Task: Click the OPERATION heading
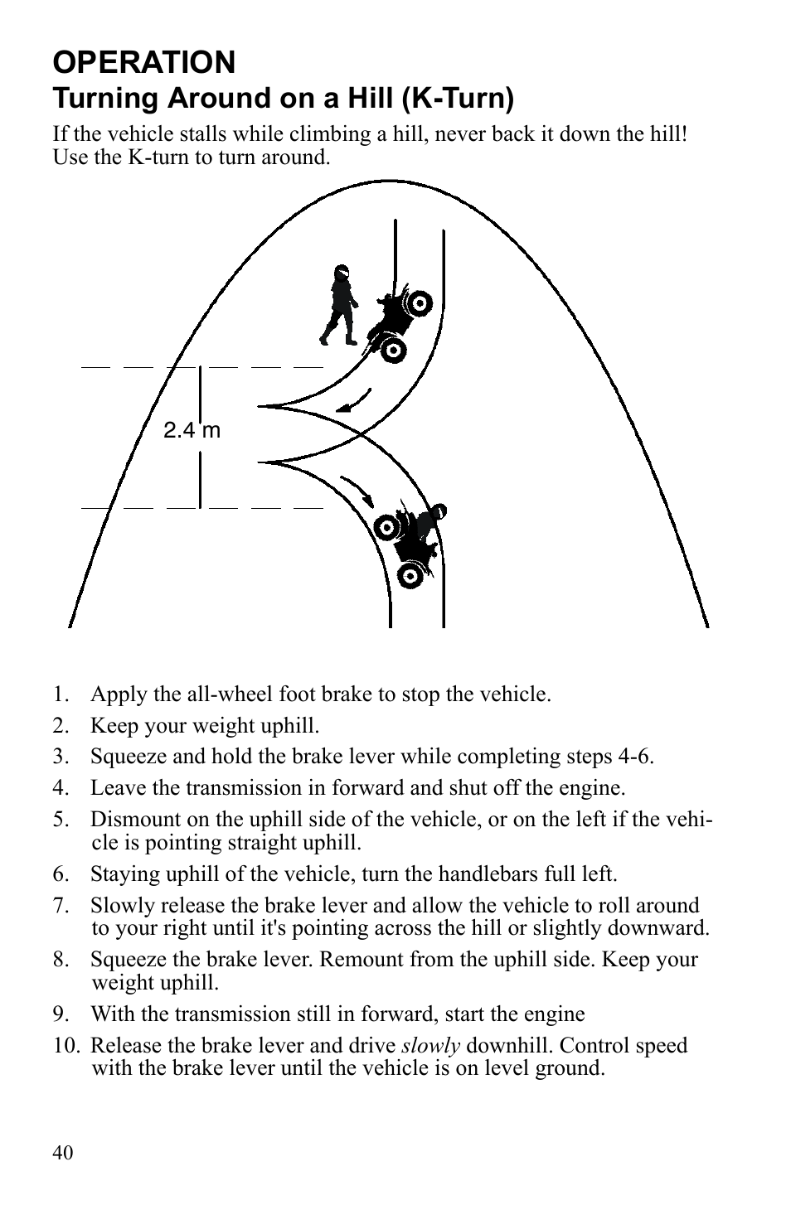click(144, 63)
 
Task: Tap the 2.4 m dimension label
click(192, 430)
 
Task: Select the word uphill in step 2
click(290, 726)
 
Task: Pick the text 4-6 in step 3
click(635, 757)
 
